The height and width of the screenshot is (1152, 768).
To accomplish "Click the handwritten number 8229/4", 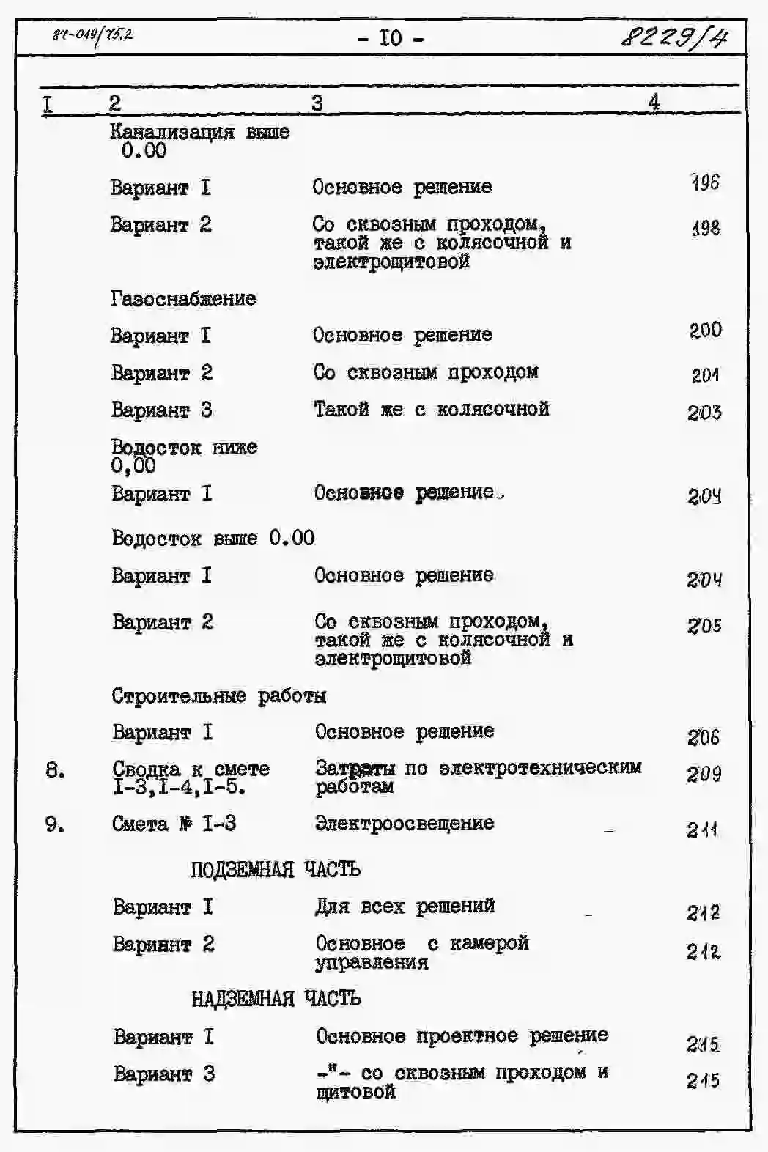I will pyautogui.click(x=674, y=36).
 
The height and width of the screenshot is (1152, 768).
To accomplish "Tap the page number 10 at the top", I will pyautogui.click(x=391, y=37).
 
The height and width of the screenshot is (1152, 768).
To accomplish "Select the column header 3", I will pyautogui.click(x=317, y=103).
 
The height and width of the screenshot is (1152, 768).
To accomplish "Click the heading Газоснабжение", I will pyautogui.click(x=183, y=298).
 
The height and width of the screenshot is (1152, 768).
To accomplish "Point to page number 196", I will pyautogui.click(x=705, y=182).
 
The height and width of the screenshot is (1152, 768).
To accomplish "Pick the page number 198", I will pyautogui.click(x=705, y=228).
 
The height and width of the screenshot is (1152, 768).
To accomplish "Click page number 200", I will pyautogui.click(x=705, y=331).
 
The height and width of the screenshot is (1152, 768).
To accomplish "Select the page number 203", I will pyautogui.click(x=704, y=413).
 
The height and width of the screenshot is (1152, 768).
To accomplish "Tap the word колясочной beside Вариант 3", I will pyautogui.click(x=492, y=409).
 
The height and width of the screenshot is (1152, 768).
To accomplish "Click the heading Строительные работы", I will pyautogui.click(x=218, y=695).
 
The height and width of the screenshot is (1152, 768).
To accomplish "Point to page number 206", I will pyautogui.click(x=704, y=737).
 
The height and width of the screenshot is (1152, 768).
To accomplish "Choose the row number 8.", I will pyautogui.click(x=55, y=770).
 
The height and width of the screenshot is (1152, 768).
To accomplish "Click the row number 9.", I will pyautogui.click(x=55, y=824).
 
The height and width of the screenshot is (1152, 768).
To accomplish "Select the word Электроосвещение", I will pyautogui.click(x=405, y=823).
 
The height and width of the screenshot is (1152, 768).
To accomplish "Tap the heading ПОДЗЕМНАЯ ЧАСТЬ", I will pyautogui.click(x=275, y=869).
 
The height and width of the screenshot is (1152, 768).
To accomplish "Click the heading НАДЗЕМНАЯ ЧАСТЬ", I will pyautogui.click(x=276, y=998).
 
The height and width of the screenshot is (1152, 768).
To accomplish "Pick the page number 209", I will pyautogui.click(x=704, y=774).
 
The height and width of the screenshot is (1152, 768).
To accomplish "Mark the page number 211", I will pyautogui.click(x=702, y=830).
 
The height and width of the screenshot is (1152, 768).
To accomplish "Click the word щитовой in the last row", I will pyautogui.click(x=355, y=1092).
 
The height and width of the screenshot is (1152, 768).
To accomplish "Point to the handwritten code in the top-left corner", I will pyautogui.click(x=92, y=34).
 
